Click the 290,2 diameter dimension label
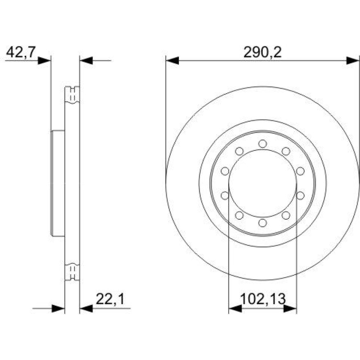pyautogui.click(x=262, y=53)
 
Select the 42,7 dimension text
pyautogui.click(x=21, y=52)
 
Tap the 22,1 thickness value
pyautogui.click(x=110, y=299)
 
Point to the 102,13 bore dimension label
pyautogui.click(x=263, y=299)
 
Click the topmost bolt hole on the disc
pyautogui.click(x=262, y=144)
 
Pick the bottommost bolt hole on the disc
pyautogui.click(x=262, y=223)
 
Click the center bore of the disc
pyautogui.click(x=263, y=184)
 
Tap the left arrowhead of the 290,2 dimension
pyautogui.click(x=172, y=60)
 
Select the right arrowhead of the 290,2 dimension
pyautogui.click(x=353, y=60)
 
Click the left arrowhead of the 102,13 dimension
pyautogui.click(x=235, y=309)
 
